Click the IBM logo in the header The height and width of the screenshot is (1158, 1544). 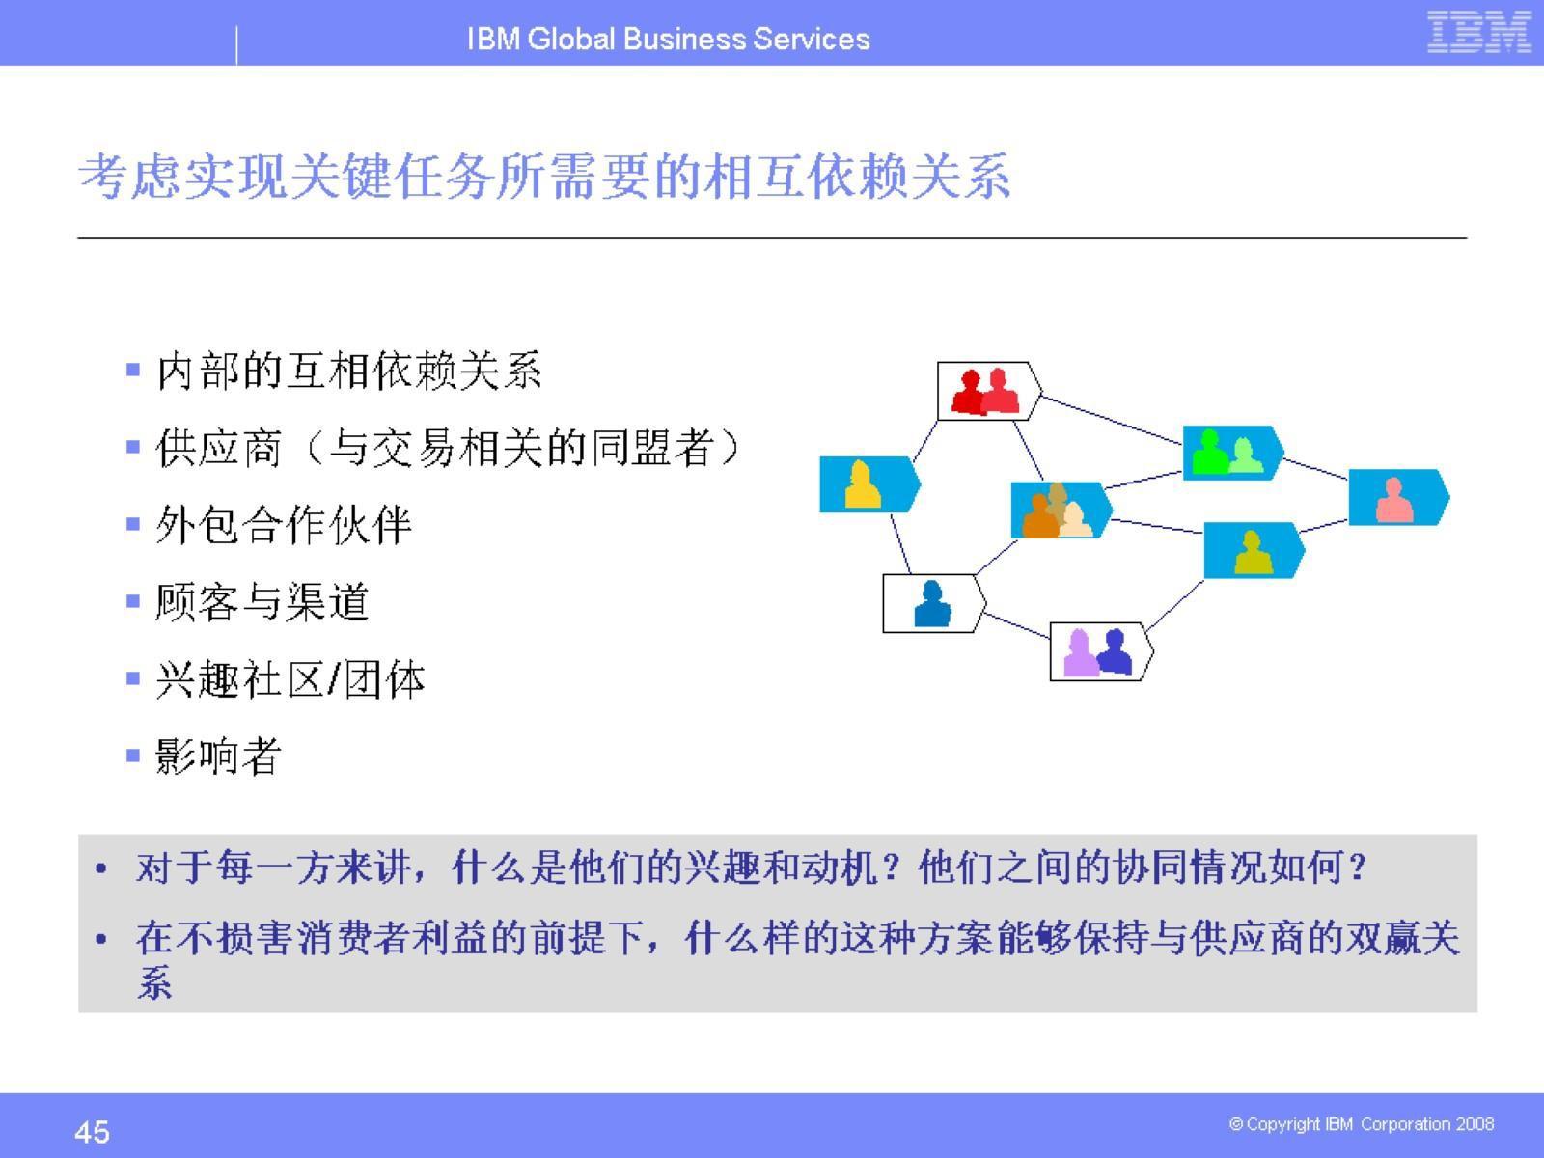[1478, 33]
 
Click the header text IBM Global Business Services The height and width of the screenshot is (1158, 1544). [668, 39]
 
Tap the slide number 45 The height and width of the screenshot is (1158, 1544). [92, 1131]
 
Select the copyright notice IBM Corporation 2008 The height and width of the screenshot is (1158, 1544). [1361, 1124]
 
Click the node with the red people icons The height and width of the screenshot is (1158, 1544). [987, 392]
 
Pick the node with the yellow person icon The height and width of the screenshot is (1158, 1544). [867, 484]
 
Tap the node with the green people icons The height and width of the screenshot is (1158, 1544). [1229, 452]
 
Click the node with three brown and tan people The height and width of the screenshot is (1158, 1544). [1059, 510]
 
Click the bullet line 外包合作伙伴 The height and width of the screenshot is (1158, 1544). [284, 526]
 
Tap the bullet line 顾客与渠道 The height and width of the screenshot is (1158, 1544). [262, 603]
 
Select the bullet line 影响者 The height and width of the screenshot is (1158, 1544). [218, 757]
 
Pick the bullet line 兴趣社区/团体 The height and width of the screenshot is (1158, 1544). [289, 680]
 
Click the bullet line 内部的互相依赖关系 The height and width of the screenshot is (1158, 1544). [349, 372]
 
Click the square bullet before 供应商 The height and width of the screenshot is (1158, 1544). [133, 448]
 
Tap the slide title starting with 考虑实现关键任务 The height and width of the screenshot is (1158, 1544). [544, 178]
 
